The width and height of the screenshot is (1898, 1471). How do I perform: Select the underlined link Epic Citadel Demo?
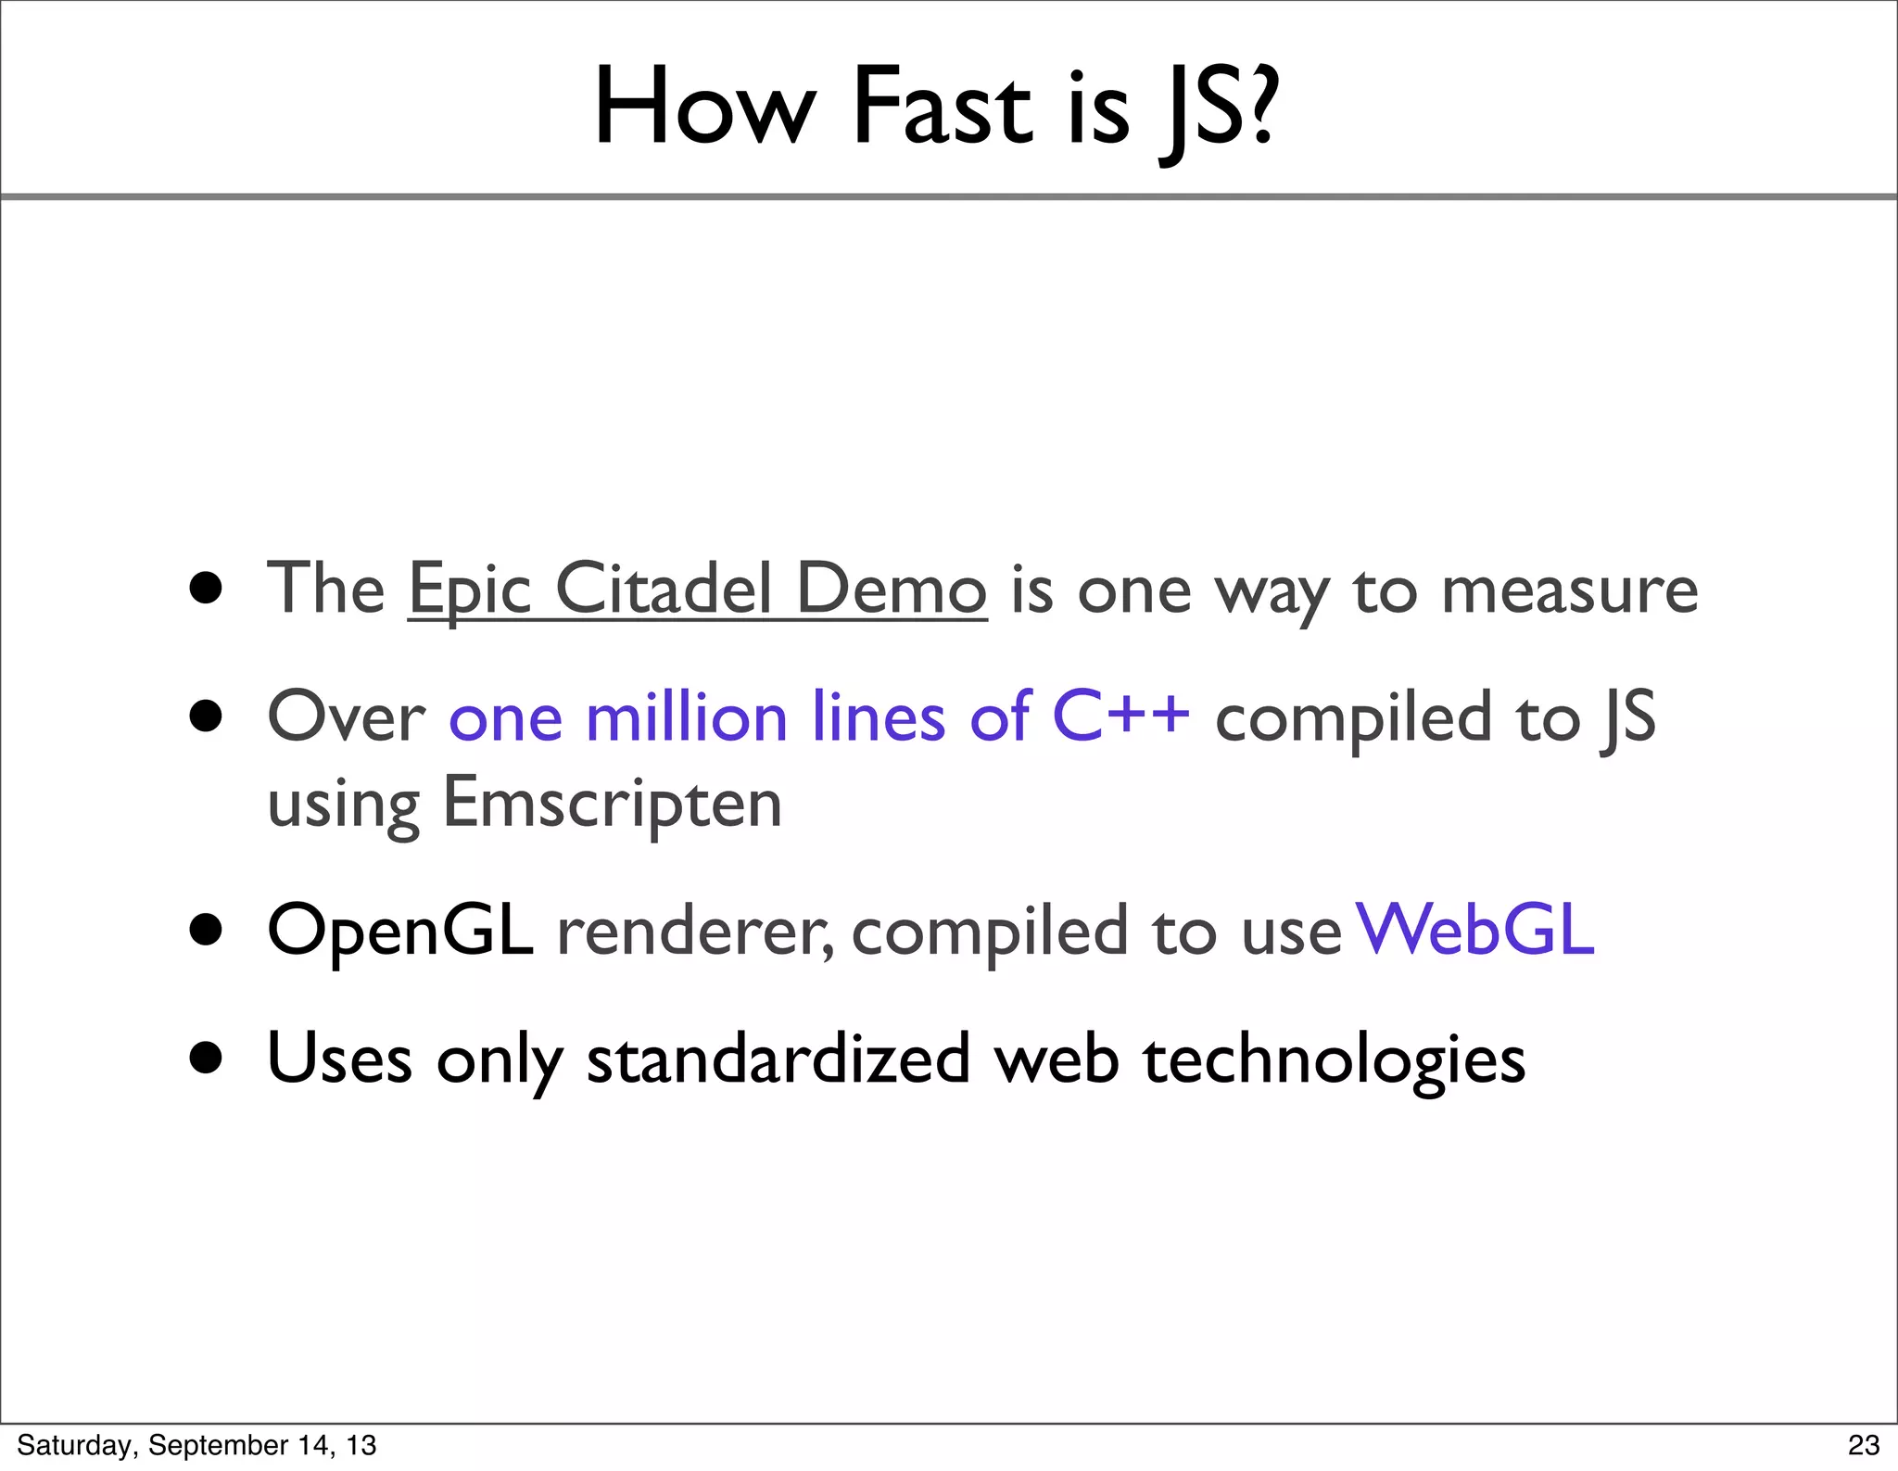[x=697, y=590]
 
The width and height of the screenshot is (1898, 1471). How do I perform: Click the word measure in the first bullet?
[x=1569, y=591]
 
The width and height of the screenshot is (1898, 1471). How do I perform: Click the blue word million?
[x=687, y=717]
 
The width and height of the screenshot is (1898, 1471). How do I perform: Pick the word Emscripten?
[x=613, y=803]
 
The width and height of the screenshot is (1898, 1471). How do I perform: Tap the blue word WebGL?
[x=1475, y=930]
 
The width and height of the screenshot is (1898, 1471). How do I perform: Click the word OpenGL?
[x=400, y=931]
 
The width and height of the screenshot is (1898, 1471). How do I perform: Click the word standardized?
[x=778, y=1059]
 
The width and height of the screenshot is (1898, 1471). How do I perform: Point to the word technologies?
[x=1334, y=1060]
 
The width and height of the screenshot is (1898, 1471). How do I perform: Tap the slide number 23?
[x=1863, y=1445]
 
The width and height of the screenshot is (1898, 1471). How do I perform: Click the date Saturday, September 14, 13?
[x=196, y=1445]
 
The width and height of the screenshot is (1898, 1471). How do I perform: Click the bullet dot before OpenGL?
[x=206, y=930]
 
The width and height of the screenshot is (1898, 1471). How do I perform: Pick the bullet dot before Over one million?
[x=206, y=716]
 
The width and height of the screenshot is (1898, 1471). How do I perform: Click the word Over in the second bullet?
[x=346, y=717]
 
